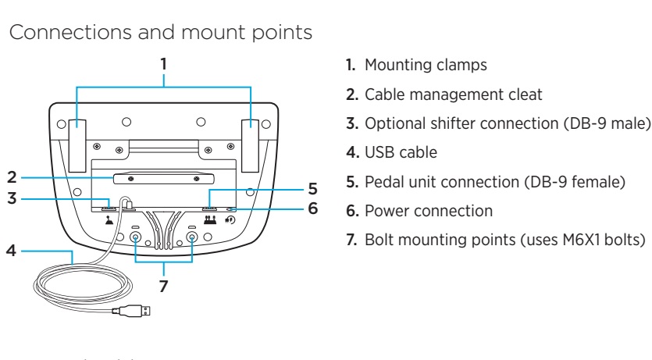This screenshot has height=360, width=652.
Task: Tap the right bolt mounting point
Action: (191, 236)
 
